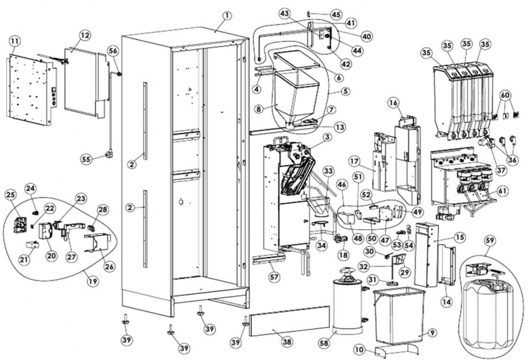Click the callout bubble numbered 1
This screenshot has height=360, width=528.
[228, 16]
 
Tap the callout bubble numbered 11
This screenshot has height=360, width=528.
[14, 41]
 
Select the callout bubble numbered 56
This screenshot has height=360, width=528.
[113, 50]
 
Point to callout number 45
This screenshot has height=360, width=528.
[336, 15]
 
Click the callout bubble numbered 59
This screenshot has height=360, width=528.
[490, 241]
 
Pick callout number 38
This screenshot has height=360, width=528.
[286, 342]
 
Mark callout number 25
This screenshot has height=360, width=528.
[11, 195]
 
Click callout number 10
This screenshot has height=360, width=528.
[360, 350]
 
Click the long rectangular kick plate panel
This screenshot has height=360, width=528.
[289, 321]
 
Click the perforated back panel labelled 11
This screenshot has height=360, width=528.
[30, 90]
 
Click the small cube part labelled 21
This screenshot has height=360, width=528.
[32, 244]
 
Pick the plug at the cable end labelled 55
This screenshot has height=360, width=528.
[109, 155]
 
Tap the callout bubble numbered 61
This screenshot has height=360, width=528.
[501, 192]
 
